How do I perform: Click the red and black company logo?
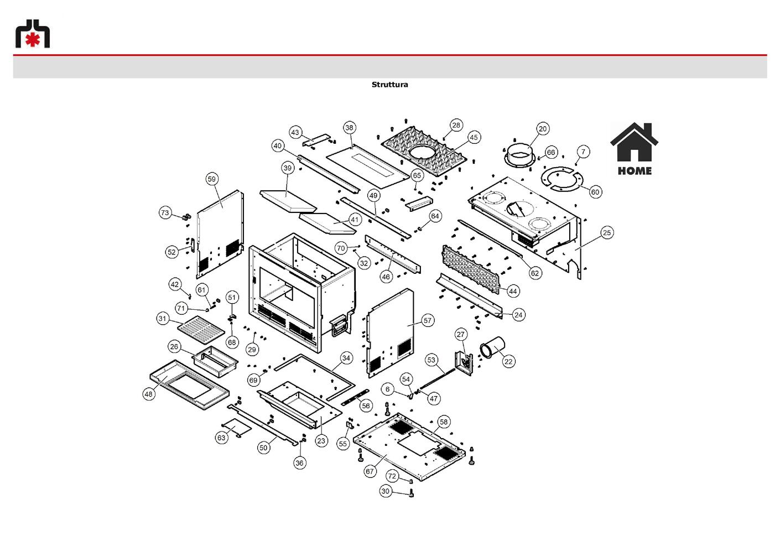(33, 33)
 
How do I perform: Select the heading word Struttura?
(389, 85)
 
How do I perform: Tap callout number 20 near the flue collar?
(543, 129)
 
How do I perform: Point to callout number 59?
(212, 179)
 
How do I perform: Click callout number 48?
(149, 394)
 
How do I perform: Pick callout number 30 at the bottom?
(386, 491)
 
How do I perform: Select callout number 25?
(607, 233)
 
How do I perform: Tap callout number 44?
(513, 291)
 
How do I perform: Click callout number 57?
(428, 320)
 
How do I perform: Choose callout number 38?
(349, 128)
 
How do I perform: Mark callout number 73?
(165, 212)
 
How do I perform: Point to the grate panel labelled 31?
(201, 329)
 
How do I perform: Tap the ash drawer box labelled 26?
(215, 362)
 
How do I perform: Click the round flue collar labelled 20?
(519, 156)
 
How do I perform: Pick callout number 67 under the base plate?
(370, 471)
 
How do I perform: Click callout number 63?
(221, 438)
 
